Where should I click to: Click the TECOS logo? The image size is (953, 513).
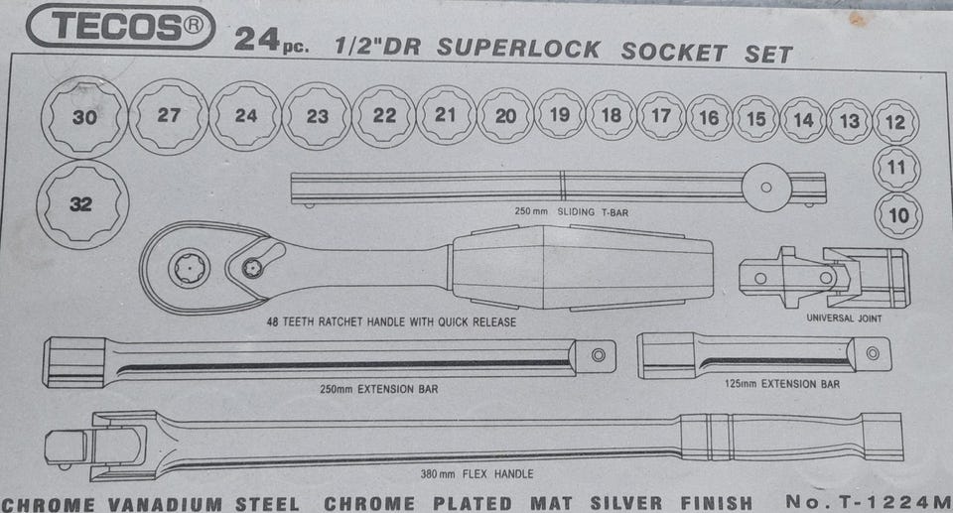coord(120,27)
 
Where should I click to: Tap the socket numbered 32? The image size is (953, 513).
coord(82,204)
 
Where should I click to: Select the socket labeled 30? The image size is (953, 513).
coord(84,117)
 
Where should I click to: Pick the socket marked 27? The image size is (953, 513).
coord(169,115)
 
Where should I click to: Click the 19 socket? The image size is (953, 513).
coord(559,114)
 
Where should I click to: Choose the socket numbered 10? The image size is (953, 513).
coord(898,215)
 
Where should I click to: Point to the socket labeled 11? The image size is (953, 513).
coord(896,167)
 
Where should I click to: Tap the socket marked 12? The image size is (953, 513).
coord(895,122)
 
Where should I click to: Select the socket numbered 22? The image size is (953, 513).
coord(384,115)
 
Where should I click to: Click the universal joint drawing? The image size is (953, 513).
coord(824,278)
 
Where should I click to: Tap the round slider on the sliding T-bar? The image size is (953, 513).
coord(766,188)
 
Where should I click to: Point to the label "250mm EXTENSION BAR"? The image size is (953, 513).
coord(378,389)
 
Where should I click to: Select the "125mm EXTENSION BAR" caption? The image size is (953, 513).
coord(782,384)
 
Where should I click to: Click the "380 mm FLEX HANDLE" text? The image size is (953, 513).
coord(477,473)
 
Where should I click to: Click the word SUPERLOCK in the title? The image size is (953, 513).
coord(518,48)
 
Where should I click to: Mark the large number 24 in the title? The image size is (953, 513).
coord(256,40)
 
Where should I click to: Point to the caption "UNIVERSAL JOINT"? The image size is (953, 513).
coord(844,318)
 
